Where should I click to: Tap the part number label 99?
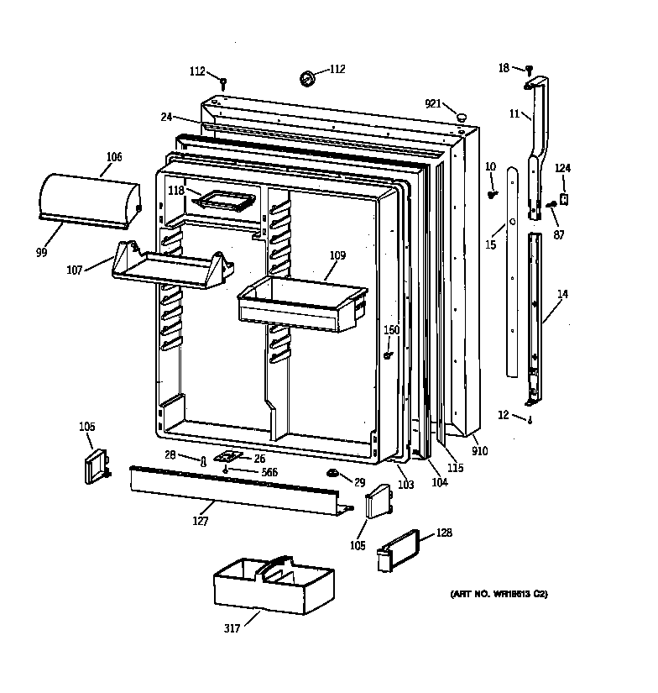click(x=42, y=253)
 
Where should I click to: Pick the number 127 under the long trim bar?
click(x=199, y=521)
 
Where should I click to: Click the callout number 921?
click(x=433, y=103)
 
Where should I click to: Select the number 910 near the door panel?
click(x=479, y=451)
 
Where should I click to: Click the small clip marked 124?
click(x=564, y=200)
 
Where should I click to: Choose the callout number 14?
click(x=561, y=295)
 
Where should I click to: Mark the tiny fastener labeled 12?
click(x=530, y=421)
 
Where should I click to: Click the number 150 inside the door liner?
click(x=392, y=330)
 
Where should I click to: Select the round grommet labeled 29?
click(x=333, y=477)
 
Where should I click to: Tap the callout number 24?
click(x=166, y=118)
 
